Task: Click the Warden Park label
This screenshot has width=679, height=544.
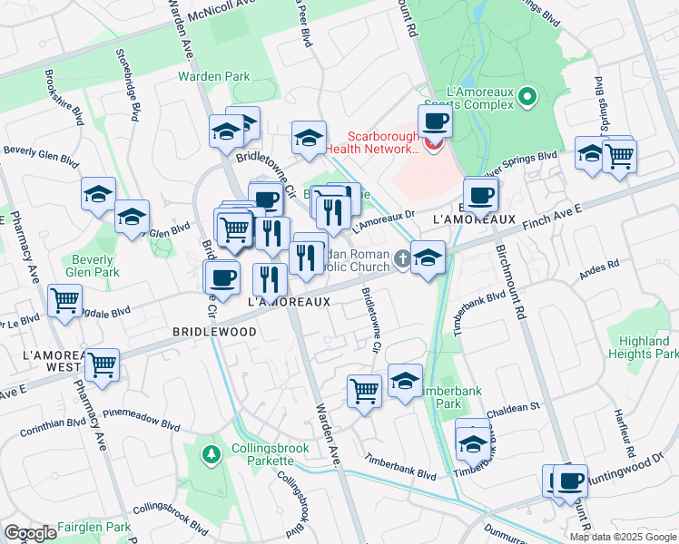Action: [x=213, y=77]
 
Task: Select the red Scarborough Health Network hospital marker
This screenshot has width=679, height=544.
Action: [x=433, y=143]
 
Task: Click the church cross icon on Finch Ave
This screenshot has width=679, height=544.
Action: [x=400, y=261]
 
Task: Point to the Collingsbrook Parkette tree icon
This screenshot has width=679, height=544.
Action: [x=211, y=453]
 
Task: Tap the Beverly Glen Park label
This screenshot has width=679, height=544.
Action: [x=94, y=265]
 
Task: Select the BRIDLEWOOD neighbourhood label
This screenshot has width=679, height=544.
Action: [x=214, y=333]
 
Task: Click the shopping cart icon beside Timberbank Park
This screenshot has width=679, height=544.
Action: [x=364, y=392]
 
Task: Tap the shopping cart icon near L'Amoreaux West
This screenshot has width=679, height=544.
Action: [x=103, y=364]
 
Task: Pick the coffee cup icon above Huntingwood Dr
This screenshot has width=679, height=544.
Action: [x=570, y=481]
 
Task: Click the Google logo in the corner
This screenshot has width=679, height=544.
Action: [x=30, y=533]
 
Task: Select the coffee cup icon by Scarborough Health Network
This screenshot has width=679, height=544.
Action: [x=434, y=121]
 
